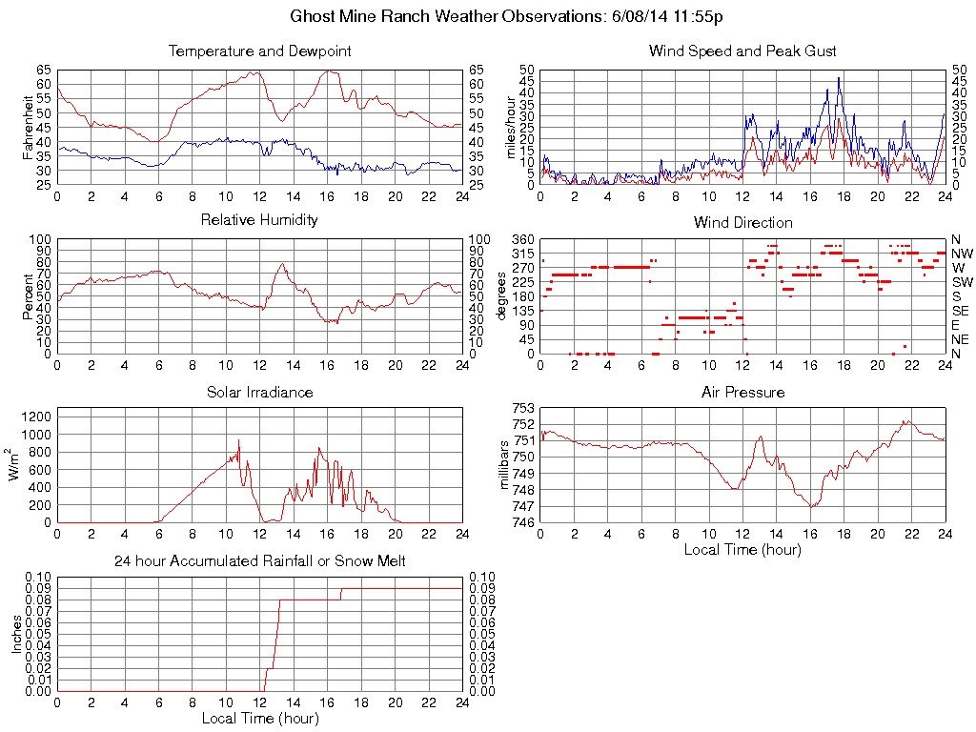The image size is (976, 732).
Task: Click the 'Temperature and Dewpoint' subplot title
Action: (x=259, y=51)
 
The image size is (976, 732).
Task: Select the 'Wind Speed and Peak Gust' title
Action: (x=742, y=51)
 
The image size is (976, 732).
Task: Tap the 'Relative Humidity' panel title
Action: (x=259, y=220)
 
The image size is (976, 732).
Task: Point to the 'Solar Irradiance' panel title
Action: (x=259, y=392)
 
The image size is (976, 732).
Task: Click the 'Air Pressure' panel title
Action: (x=742, y=392)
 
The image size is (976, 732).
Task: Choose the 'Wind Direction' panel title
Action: (x=742, y=222)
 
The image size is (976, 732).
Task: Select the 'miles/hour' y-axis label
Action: (x=511, y=128)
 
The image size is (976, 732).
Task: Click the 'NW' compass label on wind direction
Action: (x=962, y=254)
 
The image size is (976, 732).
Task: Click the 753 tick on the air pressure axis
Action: (x=522, y=408)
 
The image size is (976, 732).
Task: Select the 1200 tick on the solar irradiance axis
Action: (x=36, y=415)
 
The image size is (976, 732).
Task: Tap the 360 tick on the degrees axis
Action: (x=520, y=238)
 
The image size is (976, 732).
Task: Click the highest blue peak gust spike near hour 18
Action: (x=839, y=78)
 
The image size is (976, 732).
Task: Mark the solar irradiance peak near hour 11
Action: (x=238, y=440)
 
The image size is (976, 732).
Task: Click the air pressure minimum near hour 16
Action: (x=811, y=506)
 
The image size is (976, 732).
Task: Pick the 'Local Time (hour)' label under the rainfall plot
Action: (x=259, y=718)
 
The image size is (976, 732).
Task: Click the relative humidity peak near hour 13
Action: (x=282, y=264)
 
